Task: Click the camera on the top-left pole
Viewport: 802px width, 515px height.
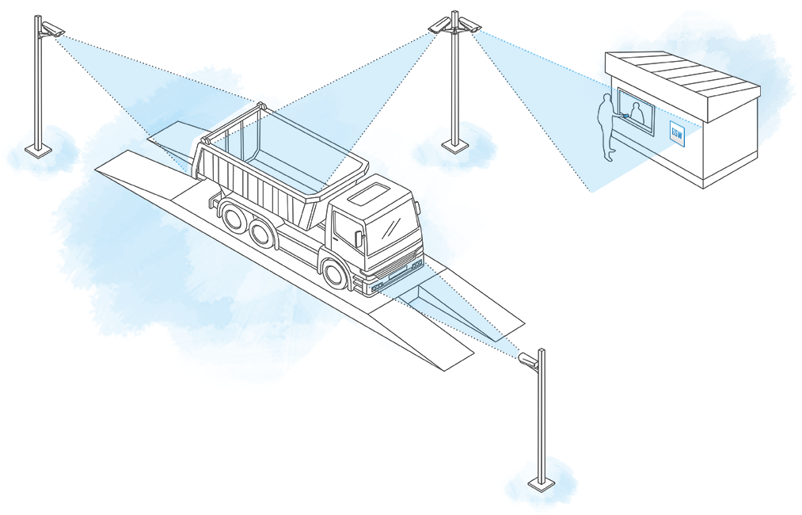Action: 52,30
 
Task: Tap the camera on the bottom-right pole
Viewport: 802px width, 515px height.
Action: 528,360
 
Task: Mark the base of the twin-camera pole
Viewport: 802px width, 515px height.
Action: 454,145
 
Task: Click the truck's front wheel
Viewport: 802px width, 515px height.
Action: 336,272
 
